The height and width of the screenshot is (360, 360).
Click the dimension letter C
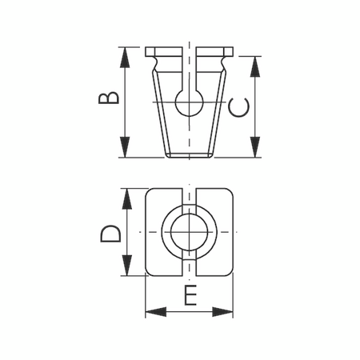tap(239, 106)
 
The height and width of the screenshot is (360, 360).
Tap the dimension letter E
tap(190, 296)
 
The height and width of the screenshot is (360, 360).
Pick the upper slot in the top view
tap(190, 198)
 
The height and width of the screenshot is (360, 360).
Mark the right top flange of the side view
tap(214, 56)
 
